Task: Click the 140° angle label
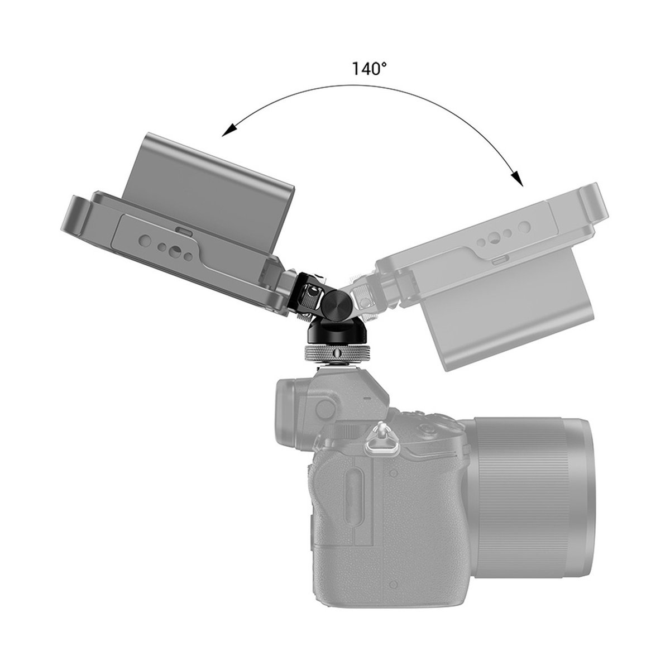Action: tap(368, 69)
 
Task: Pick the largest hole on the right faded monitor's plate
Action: tap(523, 228)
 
